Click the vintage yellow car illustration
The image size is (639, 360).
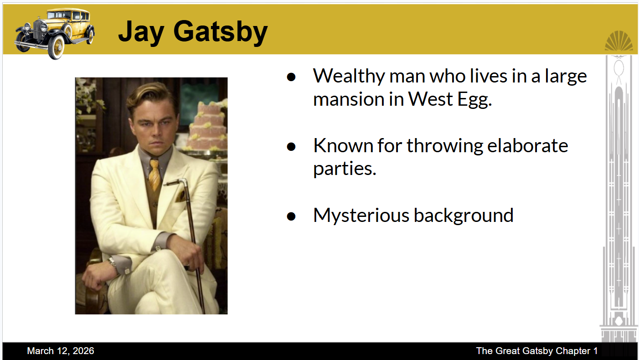[55, 33]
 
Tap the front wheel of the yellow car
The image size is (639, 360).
[56, 47]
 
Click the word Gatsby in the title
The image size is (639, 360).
[220, 32]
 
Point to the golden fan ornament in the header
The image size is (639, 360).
[618, 41]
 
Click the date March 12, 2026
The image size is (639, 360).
[61, 351]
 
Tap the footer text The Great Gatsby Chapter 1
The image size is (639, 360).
[537, 351]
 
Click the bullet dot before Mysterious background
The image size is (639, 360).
[291, 216]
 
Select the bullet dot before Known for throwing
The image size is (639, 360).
[291, 147]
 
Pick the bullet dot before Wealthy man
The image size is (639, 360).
[291, 77]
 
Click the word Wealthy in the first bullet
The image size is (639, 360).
[349, 77]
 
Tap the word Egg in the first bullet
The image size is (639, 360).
[474, 100]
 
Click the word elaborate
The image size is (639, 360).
[528, 146]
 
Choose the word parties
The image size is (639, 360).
[345, 169]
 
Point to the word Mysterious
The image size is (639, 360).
[361, 216]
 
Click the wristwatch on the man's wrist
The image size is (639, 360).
[112, 262]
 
